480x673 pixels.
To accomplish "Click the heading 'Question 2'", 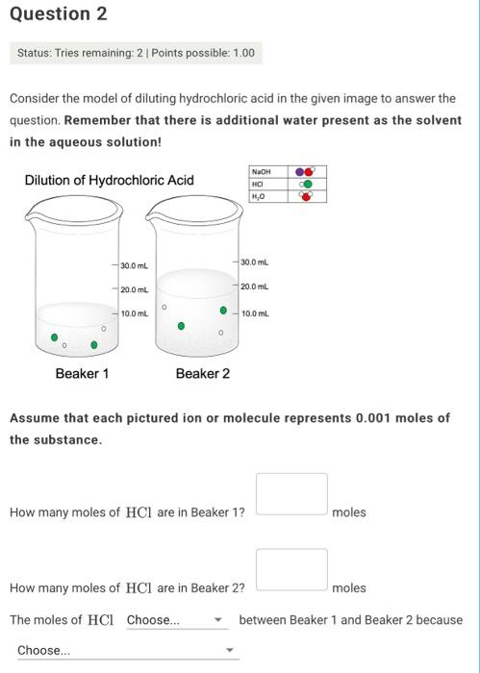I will click(x=58, y=14).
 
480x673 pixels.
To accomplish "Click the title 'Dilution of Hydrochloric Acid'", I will click(x=109, y=180).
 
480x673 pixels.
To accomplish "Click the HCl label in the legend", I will click(x=257, y=184).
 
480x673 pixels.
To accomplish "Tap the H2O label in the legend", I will click(x=257, y=195).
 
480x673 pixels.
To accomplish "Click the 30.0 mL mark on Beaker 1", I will click(x=134, y=265).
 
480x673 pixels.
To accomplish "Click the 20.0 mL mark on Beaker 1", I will click(x=134, y=289).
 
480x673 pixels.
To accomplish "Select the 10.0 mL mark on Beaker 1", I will click(x=134, y=313).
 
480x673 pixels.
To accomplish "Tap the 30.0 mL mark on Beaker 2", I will click(x=255, y=262).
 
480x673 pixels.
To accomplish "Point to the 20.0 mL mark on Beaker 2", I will click(x=255, y=287).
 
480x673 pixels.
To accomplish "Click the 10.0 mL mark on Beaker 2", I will click(x=255, y=313).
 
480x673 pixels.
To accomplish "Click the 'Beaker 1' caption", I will click(x=82, y=373).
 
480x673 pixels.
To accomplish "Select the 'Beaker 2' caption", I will click(x=202, y=373).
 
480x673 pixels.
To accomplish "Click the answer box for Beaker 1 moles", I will click(x=291, y=493).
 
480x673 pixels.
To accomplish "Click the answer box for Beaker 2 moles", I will click(x=291, y=569).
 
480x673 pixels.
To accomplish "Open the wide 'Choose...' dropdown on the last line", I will click(x=125, y=651).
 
